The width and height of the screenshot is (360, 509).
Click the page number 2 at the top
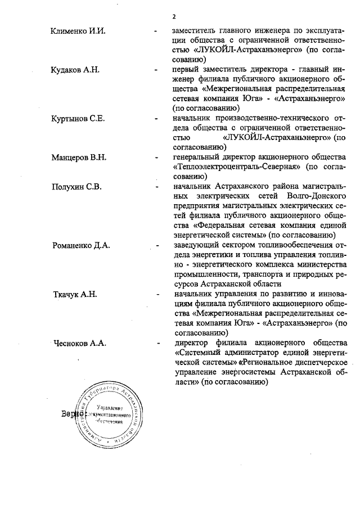click(175, 16)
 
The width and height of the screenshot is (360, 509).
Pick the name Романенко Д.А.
click(81, 246)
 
